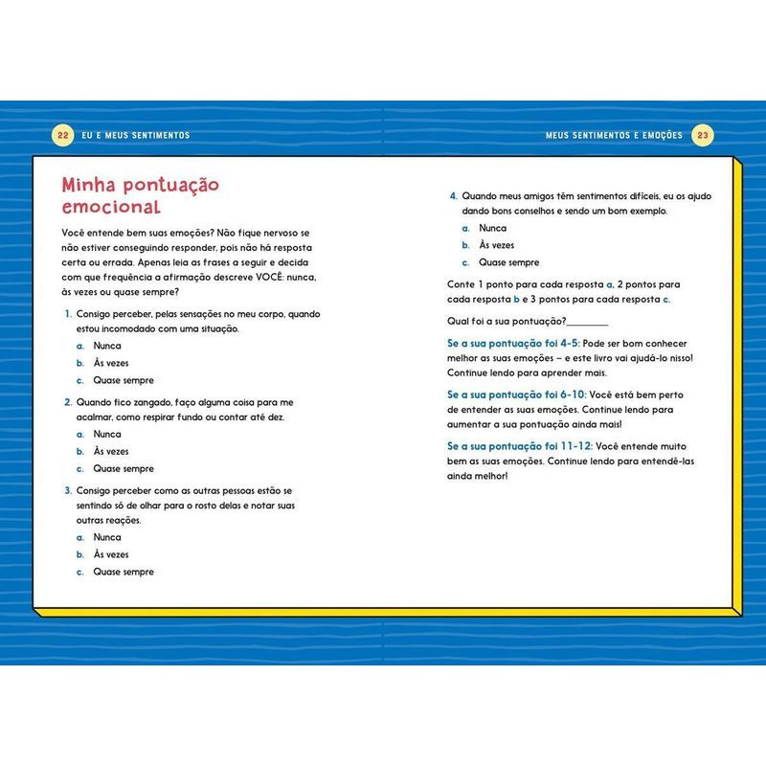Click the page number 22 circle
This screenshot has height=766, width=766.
click(63, 135)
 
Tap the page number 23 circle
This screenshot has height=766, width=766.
click(702, 135)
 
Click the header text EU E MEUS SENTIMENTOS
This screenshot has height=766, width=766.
click(135, 136)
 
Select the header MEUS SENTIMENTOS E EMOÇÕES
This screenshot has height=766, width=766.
click(614, 136)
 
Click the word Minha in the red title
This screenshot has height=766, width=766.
click(90, 184)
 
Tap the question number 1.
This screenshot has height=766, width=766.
click(68, 313)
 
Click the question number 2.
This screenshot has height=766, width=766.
click(68, 402)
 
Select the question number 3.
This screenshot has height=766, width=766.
click(68, 490)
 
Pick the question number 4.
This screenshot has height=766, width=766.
click(454, 196)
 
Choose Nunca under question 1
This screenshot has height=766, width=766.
click(107, 346)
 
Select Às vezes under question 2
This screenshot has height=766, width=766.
click(111, 451)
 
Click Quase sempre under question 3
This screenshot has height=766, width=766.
click(124, 572)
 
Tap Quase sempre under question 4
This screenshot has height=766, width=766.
click(509, 262)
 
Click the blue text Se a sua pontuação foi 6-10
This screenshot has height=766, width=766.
click(514, 394)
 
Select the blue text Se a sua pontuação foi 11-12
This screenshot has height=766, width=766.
click(518, 446)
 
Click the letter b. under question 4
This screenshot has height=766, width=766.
click(465, 245)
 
